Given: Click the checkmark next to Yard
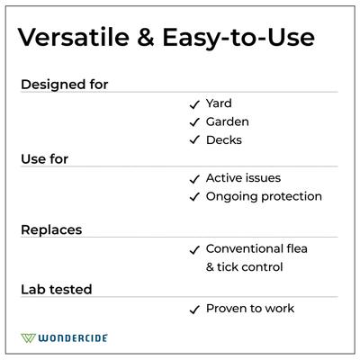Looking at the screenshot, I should (x=193, y=103).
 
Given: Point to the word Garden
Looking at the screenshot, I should (x=228, y=121).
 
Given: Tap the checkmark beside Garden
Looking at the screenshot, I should (x=193, y=121).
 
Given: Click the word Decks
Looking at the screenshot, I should (x=224, y=139).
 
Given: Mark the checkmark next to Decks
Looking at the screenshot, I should (x=193, y=140).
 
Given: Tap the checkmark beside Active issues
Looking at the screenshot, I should (x=193, y=179).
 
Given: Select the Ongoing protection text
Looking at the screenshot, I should (x=264, y=196).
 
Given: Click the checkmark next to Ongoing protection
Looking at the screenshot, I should (x=193, y=197).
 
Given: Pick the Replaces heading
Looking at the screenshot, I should (x=51, y=230).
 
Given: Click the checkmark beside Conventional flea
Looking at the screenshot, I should (x=193, y=250).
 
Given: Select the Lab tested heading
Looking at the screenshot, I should (x=56, y=290).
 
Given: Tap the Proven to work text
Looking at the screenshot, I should (x=250, y=309).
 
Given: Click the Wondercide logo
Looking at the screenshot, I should (x=64, y=338).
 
